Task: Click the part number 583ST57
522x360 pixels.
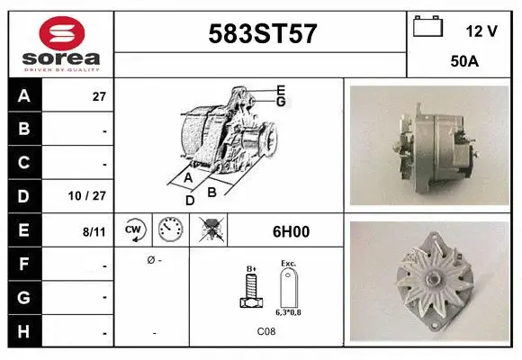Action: (x=262, y=34)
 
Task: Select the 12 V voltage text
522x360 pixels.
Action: (x=481, y=31)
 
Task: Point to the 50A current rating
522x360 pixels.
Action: (x=464, y=63)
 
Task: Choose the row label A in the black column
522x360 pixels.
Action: (x=24, y=96)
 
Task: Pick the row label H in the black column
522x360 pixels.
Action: (x=24, y=332)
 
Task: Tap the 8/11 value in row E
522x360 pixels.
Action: (x=94, y=231)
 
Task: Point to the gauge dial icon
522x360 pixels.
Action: (x=170, y=230)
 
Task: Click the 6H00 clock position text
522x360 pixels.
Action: (x=291, y=231)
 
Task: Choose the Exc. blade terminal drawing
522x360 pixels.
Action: (x=289, y=289)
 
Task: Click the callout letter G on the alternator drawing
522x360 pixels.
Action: (x=281, y=102)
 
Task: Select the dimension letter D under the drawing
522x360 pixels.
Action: (x=190, y=200)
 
